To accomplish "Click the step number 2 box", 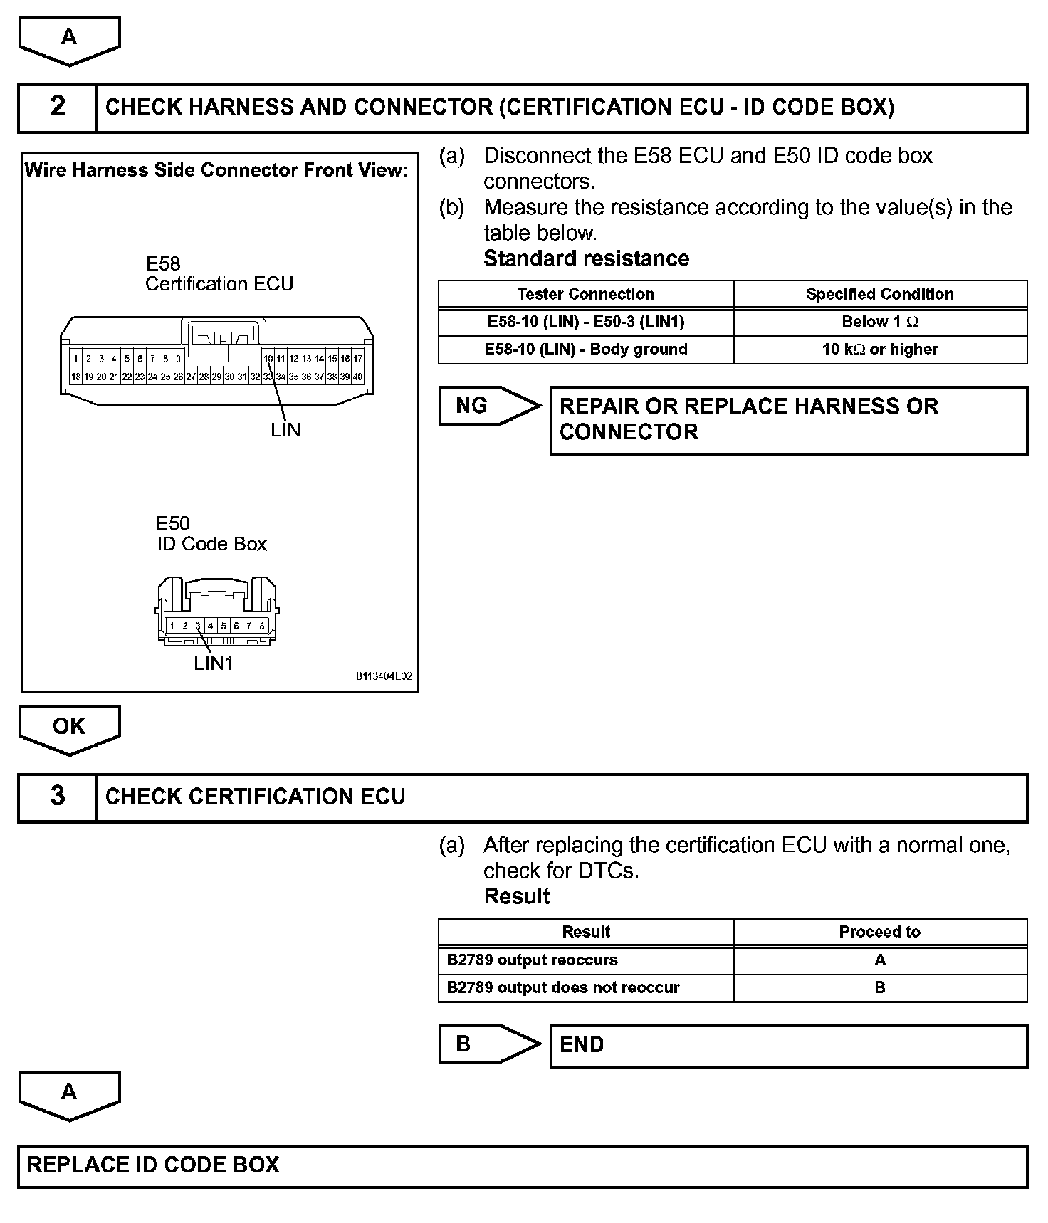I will coord(58,107).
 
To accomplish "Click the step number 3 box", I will coord(58,797).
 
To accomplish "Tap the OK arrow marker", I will coord(69,728).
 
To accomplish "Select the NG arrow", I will coord(488,406).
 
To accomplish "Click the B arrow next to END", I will coord(488,1044).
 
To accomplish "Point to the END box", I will coord(788,1045).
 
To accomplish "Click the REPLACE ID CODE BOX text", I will coord(154,1165).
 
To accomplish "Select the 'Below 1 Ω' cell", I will coord(880,322).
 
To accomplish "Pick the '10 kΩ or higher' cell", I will coord(880,350).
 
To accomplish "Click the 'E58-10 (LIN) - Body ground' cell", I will coord(586,350).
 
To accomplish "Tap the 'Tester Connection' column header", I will coord(586,294).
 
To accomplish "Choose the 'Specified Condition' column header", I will coord(880,294).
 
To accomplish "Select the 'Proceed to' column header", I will coord(880,932).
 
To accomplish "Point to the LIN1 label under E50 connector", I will coord(214,663).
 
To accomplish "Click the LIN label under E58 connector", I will coord(285,430).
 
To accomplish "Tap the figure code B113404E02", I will coord(384,676).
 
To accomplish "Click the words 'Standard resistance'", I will coord(586,258).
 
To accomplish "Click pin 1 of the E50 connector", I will coord(172,626).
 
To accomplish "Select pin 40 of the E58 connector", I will coord(357,377).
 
